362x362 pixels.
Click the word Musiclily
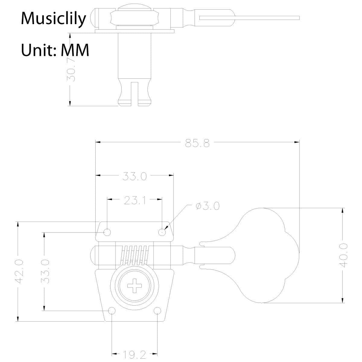pyautogui.click(x=53, y=19)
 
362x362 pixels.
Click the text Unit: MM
pyautogui.click(x=55, y=50)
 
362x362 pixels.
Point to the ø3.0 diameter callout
pyautogui.click(x=208, y=206)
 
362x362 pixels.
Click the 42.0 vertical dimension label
pyautogui.click(x=19, y=271)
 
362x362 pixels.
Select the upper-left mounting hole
pyautogui.click(x=107, y=232)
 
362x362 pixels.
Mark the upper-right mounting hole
pyautogui.click(x=163, y=232)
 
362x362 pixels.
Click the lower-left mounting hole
pyautogui.click(x=112, y=311)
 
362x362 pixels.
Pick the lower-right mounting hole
pyautogui.click(x=157, y=311)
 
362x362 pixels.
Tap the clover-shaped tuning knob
pyautogui.click(x=265, y=255)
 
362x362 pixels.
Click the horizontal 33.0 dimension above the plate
pyautogui.click(x=135, y=176)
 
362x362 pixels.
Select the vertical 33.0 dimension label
pyautogui.click(x=45, y=271)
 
